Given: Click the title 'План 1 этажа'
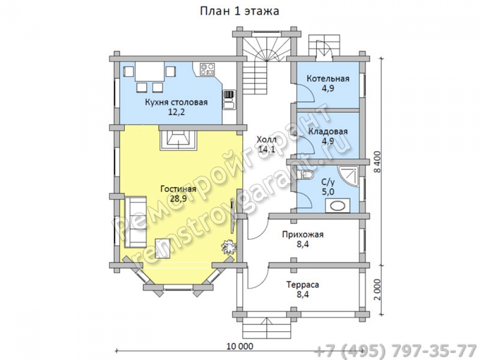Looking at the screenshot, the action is (x=240, y=11).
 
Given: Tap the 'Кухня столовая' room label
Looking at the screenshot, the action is (x=176, y=102).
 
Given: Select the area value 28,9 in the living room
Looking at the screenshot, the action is (x=179, y=199).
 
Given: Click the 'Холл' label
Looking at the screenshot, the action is (x=266, y=140).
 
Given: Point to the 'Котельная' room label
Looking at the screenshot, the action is (x=328, y=79).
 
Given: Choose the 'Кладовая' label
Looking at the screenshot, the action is (x=328, y=132).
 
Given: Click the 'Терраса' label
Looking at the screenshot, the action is (x=303, y=285).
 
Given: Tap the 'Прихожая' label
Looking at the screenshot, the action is (x=303, y=235).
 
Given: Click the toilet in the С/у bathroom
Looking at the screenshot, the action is (x=306, y=175).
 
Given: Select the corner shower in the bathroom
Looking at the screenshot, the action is (x=348, y=175).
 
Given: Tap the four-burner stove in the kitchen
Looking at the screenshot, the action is (x=207, y=69).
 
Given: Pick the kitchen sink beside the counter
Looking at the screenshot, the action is (x=228, y=100).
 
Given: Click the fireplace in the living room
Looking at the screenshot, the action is (x=178, y=140).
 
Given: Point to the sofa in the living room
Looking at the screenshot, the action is (x=135, y=222).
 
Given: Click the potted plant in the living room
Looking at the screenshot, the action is (x=229, y=246).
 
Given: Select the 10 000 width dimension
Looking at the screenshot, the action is (x=240, y=346).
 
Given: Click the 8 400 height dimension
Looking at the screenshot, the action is (x=377, y=162).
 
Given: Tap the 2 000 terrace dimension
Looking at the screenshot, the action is (x=377, y=289).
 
